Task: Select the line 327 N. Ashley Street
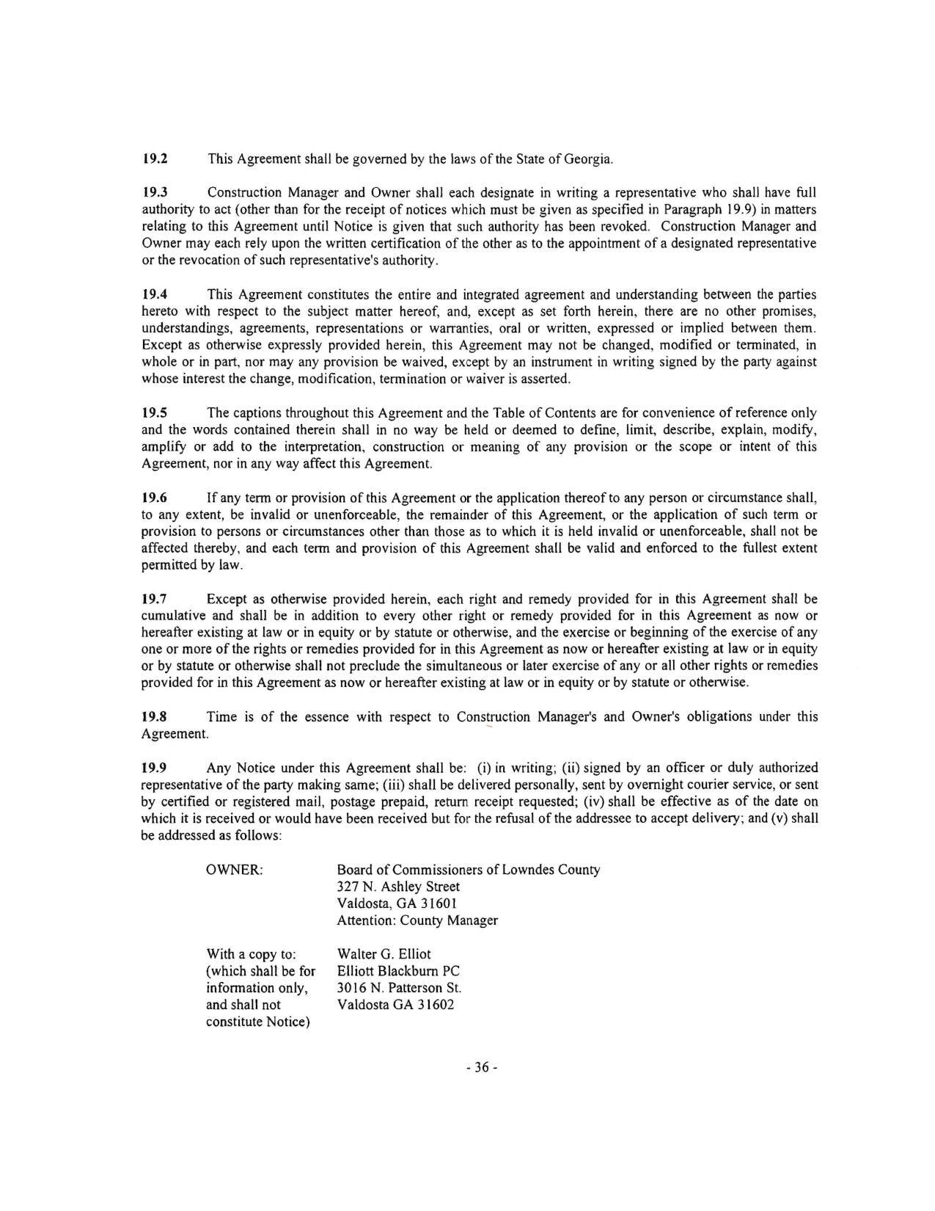click(x=398, y=887)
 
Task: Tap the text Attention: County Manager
click(x=417, y=920)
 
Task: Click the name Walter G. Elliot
click(x=384, y=954)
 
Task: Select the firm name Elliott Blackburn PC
click(x=398, y=971)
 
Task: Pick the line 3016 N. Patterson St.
click(x=399, y=988)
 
